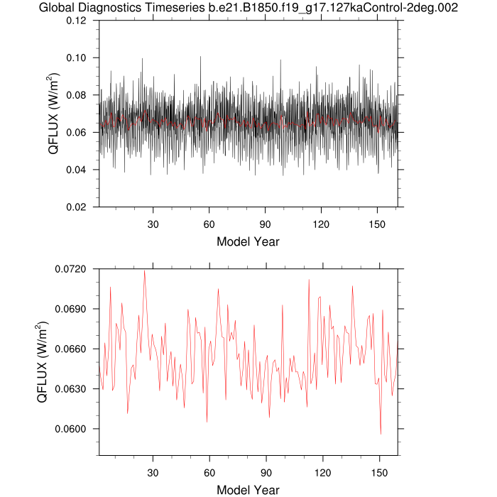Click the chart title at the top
coord(248,8)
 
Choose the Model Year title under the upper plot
coord(248,241)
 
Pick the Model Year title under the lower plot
coord(248,489)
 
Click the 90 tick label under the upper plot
coord(266,223)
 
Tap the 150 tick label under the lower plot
coord(379,471)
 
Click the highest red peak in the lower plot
coord(145,271)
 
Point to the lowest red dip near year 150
coord(381,434)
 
